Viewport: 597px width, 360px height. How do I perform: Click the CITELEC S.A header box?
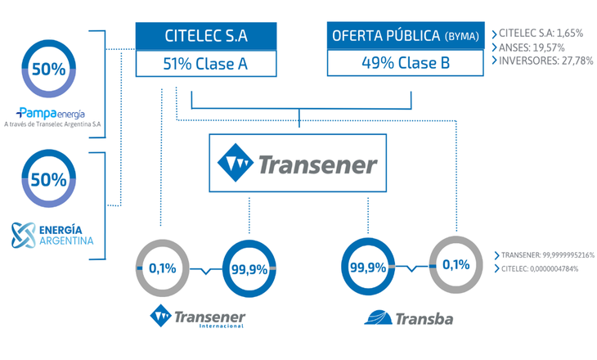coord(206,36)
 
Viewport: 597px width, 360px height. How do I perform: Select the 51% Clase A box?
coord(206,64)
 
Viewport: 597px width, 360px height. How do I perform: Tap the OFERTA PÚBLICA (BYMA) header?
coord(406,35)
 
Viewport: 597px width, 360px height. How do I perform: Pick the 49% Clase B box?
coord(406,63)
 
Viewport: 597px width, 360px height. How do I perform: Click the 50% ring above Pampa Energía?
coord(49,69)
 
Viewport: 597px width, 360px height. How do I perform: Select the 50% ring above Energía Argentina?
coord(49,178)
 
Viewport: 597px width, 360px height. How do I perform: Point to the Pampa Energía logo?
coord(51,113)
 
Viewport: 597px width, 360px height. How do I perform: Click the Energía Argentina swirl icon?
coord(23,235)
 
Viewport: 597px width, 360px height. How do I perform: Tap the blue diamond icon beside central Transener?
coord(236,162)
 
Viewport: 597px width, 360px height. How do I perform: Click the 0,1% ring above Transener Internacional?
coord(163,268)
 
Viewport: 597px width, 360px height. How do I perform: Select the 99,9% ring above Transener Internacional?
coord(249,269)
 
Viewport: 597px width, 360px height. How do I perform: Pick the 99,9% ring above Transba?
coord(368,267)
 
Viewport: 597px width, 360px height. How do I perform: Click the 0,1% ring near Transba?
coord(456,265)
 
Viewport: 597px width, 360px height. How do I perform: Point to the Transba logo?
coord(409,318)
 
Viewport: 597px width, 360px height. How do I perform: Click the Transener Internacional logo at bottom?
coord(198,316)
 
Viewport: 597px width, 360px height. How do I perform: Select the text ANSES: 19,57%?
coord(532,47)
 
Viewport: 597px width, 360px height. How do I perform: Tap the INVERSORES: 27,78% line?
coord(546,61)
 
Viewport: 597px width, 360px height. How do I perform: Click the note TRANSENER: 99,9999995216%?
coord(548,254)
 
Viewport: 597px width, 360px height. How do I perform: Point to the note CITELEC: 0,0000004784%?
coord(540,268)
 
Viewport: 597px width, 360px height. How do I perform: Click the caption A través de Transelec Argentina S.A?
coord(52,124)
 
